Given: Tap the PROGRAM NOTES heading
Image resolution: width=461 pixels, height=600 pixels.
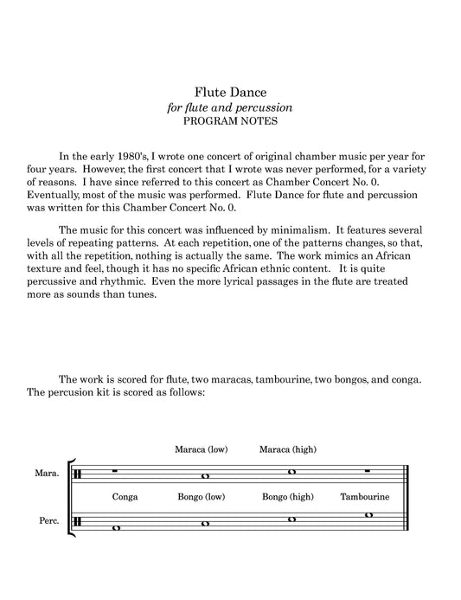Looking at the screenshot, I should tap(229, 121).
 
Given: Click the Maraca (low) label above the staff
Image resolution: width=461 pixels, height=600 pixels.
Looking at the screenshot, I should tap(201, 449).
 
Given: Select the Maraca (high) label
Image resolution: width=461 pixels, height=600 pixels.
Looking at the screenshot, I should tap(288, 449).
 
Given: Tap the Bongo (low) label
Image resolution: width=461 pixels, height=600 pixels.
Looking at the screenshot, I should tap(201, 498).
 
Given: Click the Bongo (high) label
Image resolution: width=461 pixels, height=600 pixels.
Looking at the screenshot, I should tap(288, 498).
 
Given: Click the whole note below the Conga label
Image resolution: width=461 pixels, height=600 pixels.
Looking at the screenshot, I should tap(117, 528).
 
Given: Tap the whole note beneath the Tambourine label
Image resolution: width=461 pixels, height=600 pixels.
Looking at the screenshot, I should tap(368, 515).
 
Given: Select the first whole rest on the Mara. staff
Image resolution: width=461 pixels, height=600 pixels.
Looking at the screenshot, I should tap(117, 473).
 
